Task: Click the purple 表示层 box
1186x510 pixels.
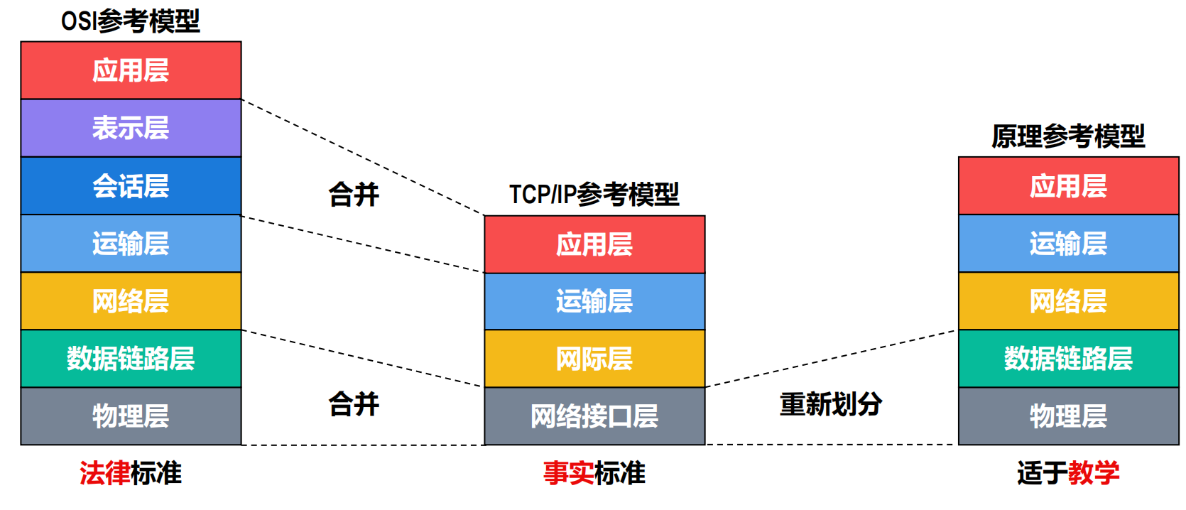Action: (x=131, y=128)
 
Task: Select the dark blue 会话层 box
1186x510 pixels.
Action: (x=131, y=186)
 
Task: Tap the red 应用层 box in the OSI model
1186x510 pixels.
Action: (x=131, y=70)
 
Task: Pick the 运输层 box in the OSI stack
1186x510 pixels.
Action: (x=131, y=244)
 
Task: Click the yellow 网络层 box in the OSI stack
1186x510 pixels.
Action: (x=131, y=301)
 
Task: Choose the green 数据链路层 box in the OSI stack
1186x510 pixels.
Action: (x=131, y=359)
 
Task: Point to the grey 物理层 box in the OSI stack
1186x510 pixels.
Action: (x=131, y=416)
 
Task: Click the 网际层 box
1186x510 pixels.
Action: (x=594, y=359)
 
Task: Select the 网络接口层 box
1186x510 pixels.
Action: (x=594, y=416)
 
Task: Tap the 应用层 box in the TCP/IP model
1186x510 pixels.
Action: (x=594, y=244)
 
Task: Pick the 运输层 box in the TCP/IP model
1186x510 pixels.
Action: (x=594, y=302)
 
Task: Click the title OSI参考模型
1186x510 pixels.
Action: (x=130, y=22)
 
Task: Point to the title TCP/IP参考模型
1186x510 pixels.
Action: (x=594, y=195)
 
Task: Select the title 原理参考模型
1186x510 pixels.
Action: (x=1068, y=136)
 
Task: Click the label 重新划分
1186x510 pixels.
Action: (x=831, y=404)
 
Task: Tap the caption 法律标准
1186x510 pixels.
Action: (x=131, y=473)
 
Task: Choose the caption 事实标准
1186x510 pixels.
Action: (x=594, y=473)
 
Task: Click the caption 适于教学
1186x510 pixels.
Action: (x=1068, y=473)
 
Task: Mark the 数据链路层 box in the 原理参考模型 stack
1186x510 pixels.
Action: (x=1068, y=359)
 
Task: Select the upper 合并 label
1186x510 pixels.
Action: (x=354, y=195)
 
